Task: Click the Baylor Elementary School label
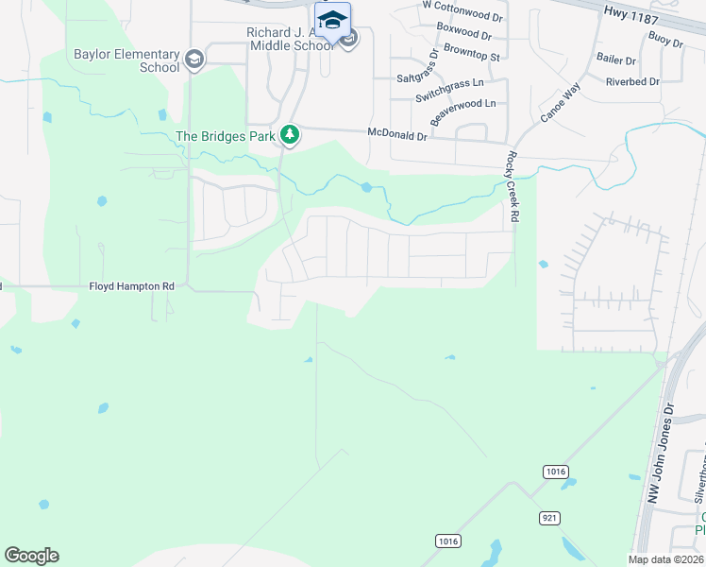(126, 60)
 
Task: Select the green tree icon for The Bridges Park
(290, 136)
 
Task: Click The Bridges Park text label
(226, 136)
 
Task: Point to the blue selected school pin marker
(332, 22)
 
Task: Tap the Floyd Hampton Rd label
(132, 285)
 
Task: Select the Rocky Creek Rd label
(514, 187)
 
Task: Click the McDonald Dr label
(397, 136)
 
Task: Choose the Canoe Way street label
(557, 103)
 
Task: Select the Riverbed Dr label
(632, 82)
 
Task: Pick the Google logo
(31, 556)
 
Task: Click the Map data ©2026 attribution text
(664, 558)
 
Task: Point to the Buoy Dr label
(664, 40)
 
